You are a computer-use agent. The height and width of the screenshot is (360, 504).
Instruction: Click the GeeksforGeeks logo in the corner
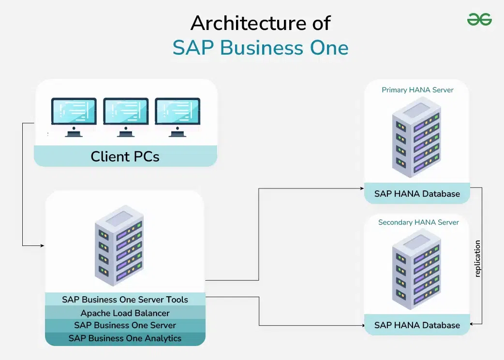pos(479,19)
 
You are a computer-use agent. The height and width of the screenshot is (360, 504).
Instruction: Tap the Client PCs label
pos(125,157)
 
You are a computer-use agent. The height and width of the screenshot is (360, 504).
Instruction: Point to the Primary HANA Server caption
pos(417,90)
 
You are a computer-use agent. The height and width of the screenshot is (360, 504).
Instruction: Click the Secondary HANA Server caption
pos(418,222)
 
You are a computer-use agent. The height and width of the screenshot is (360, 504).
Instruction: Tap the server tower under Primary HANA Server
pos(416,137)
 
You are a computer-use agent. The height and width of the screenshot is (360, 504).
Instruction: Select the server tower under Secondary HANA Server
pos(416,269)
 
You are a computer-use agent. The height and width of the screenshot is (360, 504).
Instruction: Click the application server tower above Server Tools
pos(119,245)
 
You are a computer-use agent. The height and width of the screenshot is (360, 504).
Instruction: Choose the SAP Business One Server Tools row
pos(125,299)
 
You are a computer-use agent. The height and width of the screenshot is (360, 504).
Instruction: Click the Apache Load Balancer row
pos(125,313)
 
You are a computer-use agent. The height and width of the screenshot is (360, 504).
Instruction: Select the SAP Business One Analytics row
pos(125,338)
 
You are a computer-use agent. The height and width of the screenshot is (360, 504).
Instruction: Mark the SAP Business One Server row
pos(125,325)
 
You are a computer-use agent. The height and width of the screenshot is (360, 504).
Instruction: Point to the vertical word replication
pos(478,259)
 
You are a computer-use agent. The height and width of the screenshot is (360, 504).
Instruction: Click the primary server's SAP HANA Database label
pos(417,194)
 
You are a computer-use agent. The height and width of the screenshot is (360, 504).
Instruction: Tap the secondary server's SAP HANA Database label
pos(417,325)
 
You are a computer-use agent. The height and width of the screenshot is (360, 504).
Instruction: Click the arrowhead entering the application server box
pos(42,245)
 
